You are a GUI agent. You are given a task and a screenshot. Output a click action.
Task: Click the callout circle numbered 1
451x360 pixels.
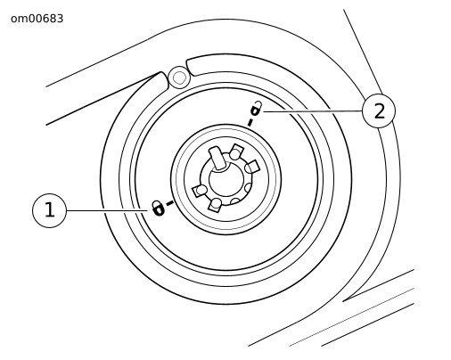point(50,210)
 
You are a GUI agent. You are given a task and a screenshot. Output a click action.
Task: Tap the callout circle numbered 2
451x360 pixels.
point(379,111)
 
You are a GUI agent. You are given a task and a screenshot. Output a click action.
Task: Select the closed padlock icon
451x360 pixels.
point(158,208)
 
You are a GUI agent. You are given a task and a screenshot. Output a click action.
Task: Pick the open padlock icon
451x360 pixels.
point(256,109)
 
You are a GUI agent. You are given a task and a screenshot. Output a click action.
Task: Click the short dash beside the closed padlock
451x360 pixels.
point(169,203)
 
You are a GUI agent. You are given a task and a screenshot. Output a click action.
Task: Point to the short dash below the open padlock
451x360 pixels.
point(250,122)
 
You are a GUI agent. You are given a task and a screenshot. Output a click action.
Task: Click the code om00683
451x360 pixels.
point(37,19)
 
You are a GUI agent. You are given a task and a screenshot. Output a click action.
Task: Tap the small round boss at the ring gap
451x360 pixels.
point(179,78)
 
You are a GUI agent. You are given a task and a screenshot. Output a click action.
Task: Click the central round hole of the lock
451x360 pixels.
point(226,179)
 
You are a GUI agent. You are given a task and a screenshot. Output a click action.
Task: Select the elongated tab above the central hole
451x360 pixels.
point(217,159)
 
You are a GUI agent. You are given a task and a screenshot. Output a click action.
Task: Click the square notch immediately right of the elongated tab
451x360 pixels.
point(236,151)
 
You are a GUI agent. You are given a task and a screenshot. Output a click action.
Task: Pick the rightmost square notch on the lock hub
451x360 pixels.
point(252,167)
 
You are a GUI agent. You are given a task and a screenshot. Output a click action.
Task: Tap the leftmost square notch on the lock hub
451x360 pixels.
point(200,190)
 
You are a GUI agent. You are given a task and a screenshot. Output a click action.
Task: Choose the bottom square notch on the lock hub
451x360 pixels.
point(216,204)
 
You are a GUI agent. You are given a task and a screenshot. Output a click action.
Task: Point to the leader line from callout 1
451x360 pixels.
point(107,210)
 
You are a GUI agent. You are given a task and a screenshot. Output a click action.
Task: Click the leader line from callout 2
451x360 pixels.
point(312,111)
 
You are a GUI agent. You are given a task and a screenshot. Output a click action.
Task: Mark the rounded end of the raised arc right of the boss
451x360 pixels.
point(189,67)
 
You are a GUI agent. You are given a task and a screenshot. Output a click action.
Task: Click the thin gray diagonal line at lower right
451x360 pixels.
point(351,317)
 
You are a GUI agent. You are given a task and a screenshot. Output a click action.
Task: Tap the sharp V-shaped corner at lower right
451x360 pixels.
point(343,301)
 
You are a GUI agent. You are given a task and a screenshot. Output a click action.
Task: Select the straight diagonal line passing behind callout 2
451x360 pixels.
point(363,52)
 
